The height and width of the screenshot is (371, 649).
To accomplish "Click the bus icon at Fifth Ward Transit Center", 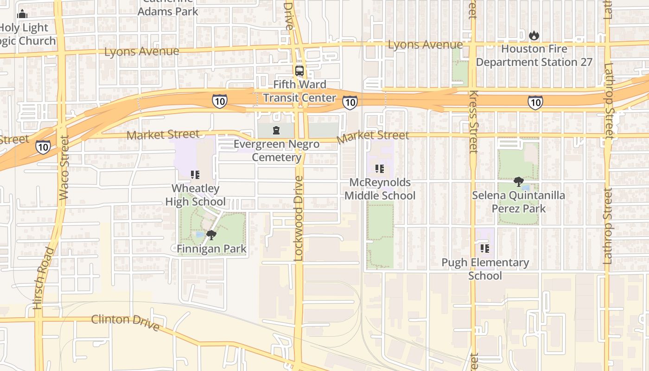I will [299, 71].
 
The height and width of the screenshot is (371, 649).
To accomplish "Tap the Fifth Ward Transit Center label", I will [299, 91].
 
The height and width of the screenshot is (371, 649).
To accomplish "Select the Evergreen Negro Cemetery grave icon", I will [276, 130].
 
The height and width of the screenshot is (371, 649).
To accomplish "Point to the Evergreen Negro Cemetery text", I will [277, 151].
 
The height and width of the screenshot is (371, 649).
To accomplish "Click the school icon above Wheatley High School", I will [195, 175].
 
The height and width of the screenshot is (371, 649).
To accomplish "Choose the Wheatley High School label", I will [196, 195].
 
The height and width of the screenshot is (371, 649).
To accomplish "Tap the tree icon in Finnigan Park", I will [211, 235].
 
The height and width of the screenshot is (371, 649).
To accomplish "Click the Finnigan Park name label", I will [211, 249].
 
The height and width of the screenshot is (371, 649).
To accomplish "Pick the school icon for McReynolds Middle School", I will [380, 169].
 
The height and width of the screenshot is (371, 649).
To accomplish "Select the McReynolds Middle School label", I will [380, 189].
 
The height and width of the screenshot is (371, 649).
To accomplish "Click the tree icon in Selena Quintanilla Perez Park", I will [518, 182].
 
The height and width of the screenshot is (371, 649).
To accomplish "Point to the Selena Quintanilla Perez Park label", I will [518, 202].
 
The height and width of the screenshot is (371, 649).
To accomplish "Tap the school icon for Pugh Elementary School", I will [485, 249].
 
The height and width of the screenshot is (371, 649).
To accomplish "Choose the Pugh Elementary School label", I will [485, 269].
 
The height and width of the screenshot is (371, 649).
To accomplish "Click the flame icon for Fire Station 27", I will [534, 35].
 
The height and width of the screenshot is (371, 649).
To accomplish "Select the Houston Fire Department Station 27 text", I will [534, 55].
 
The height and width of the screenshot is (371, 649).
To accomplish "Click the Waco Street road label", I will [64, 167].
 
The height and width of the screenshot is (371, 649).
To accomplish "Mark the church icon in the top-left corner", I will [22, 14].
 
